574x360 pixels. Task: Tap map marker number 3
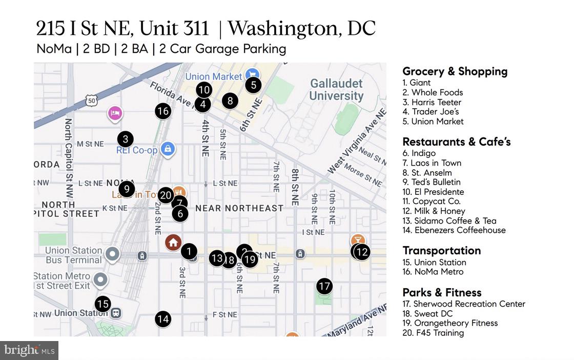pos(125,138)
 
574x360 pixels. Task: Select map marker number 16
pos(163,111)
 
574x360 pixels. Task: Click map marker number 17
pos(324,286)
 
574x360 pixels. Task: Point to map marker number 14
pos(163,319)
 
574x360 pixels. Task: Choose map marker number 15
pos(103,304)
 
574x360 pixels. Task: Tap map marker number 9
pos(126,188)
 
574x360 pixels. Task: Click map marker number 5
pos(253,85)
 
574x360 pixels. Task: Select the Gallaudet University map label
pos(336,89)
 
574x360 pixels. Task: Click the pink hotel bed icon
pos(115,113)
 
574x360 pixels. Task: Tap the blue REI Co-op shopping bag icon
pos(167,149)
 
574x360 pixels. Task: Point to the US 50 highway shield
pos(92,101)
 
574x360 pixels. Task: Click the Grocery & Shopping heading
pos(455,72)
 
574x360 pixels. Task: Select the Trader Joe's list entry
pos(430,112)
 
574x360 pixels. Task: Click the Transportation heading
pos(441,250)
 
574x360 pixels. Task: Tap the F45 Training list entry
pos(433,333)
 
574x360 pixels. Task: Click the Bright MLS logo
pos(29,351)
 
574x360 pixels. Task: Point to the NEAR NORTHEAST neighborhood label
pos(239,208)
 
